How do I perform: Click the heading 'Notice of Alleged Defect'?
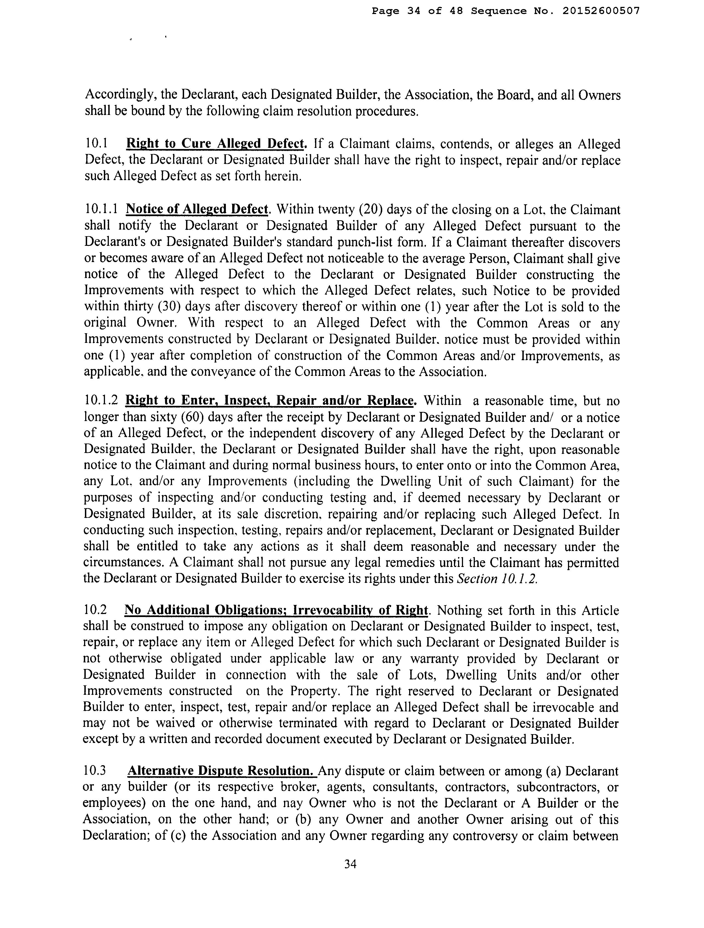click(197, 209)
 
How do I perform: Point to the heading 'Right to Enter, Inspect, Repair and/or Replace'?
click(270, 401)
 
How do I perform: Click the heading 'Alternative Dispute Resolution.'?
click(222, 771)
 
